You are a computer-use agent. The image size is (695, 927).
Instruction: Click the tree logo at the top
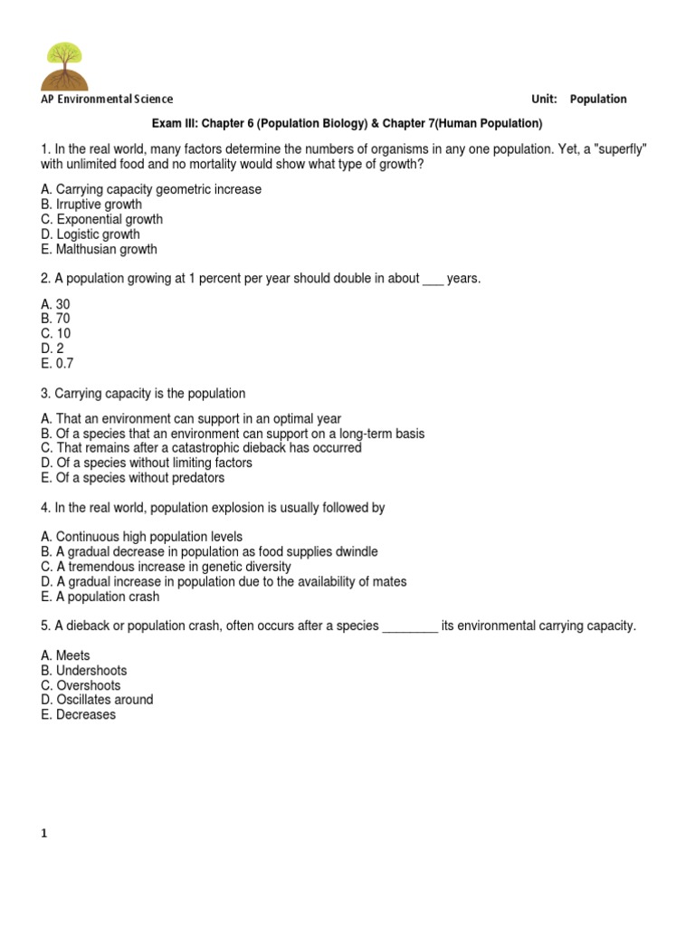point(65,65)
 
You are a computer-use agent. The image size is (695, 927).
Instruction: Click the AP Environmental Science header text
point(107,100)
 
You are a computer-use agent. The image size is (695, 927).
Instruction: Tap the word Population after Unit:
point(598,100)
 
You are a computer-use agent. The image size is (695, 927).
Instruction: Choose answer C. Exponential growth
point(102,219)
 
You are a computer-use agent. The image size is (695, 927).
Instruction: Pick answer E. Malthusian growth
point(100,249)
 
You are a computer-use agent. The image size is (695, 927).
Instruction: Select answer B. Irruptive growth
point(91,205)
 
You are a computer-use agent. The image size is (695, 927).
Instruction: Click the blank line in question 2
point(433,280)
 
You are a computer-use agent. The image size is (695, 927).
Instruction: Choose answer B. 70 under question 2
point(55,319)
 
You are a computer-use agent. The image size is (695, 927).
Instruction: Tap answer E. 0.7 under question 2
point(57,363)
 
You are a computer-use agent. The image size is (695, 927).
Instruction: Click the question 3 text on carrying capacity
point(143,394)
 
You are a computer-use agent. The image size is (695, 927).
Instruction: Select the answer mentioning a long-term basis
point(233,434)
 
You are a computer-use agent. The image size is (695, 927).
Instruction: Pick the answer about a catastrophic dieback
point(201,448)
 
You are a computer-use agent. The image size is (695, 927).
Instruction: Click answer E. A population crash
point(100,597)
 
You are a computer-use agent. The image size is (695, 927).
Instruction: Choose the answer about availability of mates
point(224,581)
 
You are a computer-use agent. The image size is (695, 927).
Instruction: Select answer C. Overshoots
point(81,685)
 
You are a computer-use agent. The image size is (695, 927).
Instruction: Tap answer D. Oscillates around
point(97,700)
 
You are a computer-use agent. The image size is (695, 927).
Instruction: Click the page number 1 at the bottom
point(43,834)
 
